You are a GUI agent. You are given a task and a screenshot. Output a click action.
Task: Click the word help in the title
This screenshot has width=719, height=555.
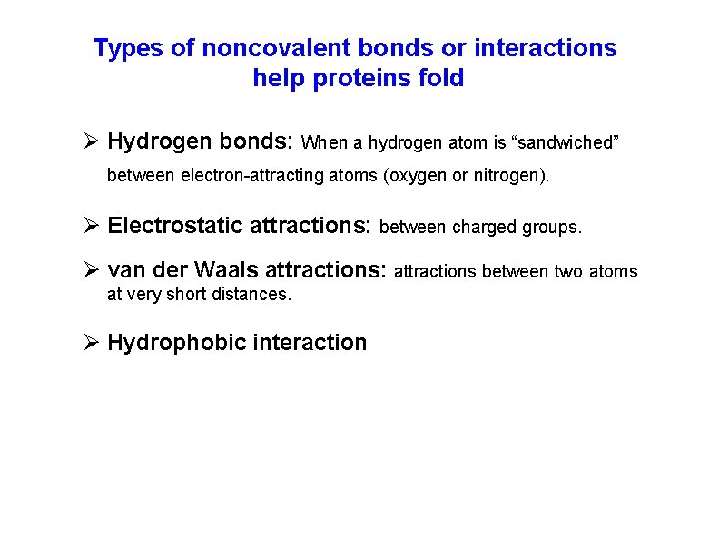coord(279,78)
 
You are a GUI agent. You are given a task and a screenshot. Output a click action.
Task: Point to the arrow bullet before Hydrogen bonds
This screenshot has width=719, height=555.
coord(91,142)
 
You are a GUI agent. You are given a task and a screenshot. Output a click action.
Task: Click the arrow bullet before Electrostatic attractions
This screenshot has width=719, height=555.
coord(91,226)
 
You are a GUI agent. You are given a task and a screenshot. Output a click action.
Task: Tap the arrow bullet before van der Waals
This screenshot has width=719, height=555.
coord(91,271)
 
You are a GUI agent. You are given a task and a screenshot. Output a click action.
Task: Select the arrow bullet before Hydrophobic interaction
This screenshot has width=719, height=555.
coord(91,343)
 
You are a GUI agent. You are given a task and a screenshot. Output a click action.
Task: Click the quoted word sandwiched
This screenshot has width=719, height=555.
coord(566,143)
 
